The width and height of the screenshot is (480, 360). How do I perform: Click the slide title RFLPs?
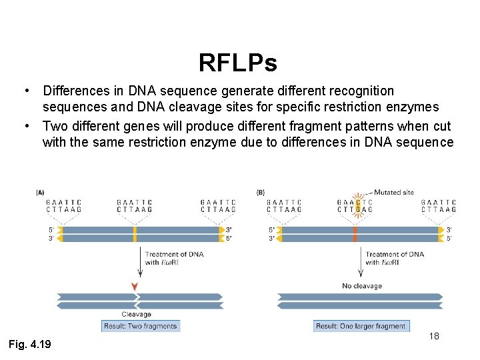coord(237,63)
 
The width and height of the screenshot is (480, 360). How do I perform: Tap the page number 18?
coord(434,336)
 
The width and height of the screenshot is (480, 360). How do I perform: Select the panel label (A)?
coord(41,193)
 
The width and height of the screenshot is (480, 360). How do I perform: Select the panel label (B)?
coord(261,193)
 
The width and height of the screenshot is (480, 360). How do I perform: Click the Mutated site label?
coord(393,193)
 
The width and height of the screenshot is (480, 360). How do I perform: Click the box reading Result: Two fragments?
coord(141,326)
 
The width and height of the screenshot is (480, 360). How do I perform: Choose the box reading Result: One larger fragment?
coord(361,326)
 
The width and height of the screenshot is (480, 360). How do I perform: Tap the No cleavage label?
coord(361,286)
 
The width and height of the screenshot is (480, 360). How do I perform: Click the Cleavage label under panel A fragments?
coord(136,314)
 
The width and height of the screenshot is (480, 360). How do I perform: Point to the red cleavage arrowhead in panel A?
coord(135,287)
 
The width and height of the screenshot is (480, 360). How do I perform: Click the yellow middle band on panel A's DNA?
coord(135,234)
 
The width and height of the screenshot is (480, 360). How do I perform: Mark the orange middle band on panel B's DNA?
coord(355,234)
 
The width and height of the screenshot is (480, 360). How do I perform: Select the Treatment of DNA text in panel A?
coord(174,254)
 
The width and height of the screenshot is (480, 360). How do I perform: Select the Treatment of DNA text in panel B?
coord(394,254)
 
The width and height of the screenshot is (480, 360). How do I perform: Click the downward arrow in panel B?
coord(361,261)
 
